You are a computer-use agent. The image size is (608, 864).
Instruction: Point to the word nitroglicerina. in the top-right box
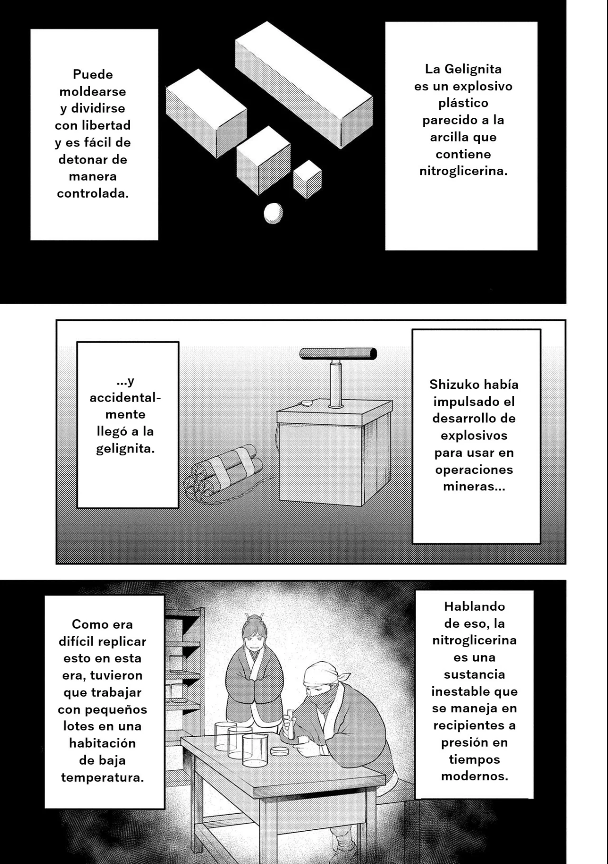(463, 171)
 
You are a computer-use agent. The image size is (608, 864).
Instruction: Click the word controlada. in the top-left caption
(93, 193)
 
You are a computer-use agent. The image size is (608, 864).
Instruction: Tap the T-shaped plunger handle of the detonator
(338, 354)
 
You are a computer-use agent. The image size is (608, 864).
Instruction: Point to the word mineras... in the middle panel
(474, 487)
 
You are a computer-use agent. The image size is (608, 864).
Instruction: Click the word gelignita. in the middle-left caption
(125, 449)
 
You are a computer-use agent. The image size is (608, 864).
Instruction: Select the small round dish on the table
(279, 751)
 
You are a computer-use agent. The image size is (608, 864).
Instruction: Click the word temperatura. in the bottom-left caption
(102, 778)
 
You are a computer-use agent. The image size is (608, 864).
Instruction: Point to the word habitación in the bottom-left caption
(102, 743)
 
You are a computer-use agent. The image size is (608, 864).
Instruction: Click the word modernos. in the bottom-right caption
(474, 777)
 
